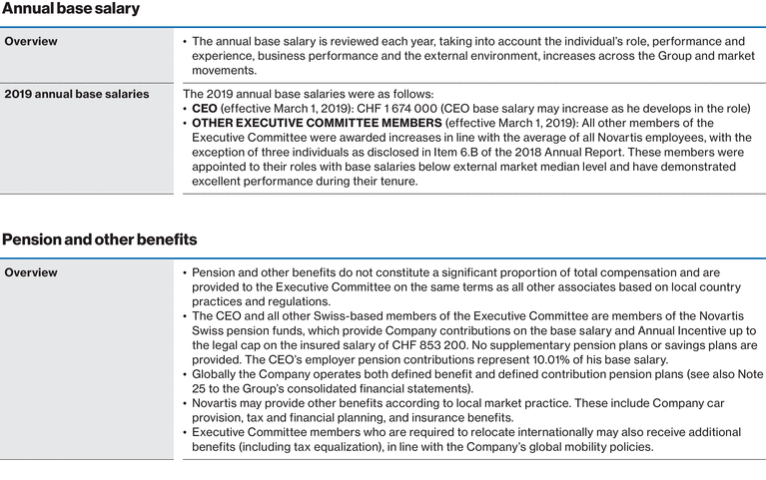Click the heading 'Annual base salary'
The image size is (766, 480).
pos(71,9)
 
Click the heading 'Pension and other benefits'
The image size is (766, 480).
pos(100,240)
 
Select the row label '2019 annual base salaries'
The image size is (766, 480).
pos(77,95)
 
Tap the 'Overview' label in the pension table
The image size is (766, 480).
pos(31,272)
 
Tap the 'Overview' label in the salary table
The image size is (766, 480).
pos(31,42)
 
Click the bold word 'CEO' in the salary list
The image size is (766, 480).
pos(206,109)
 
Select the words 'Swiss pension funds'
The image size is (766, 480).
pos(249,330)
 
